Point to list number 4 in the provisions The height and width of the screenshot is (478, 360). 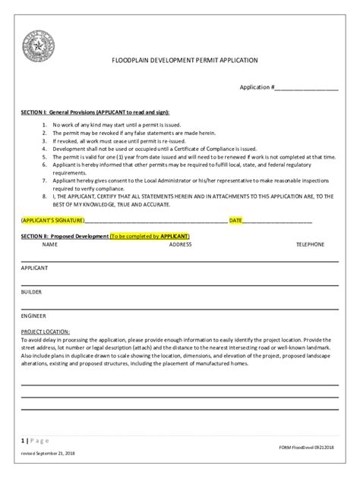pyautogui.click(x=45, y=149)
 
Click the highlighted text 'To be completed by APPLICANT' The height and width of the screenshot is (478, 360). pyautogui.click(x=150, y=237)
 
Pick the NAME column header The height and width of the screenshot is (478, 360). pyautogui.click(x=50, y=245)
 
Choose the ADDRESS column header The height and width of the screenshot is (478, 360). pyautogui.click(x=180, y=245)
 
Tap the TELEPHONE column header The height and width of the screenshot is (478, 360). pyautogui.click(x=310, y=245)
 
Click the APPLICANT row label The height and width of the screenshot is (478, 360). pyautogui.click(x=35, y=269)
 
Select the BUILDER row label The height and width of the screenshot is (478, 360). pyautogui.click(x=32, y=291)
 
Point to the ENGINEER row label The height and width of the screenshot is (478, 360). pyautogui.click(x=34, y=315)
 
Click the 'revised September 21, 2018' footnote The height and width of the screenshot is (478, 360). pyautogui.click(x=48, y=453)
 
